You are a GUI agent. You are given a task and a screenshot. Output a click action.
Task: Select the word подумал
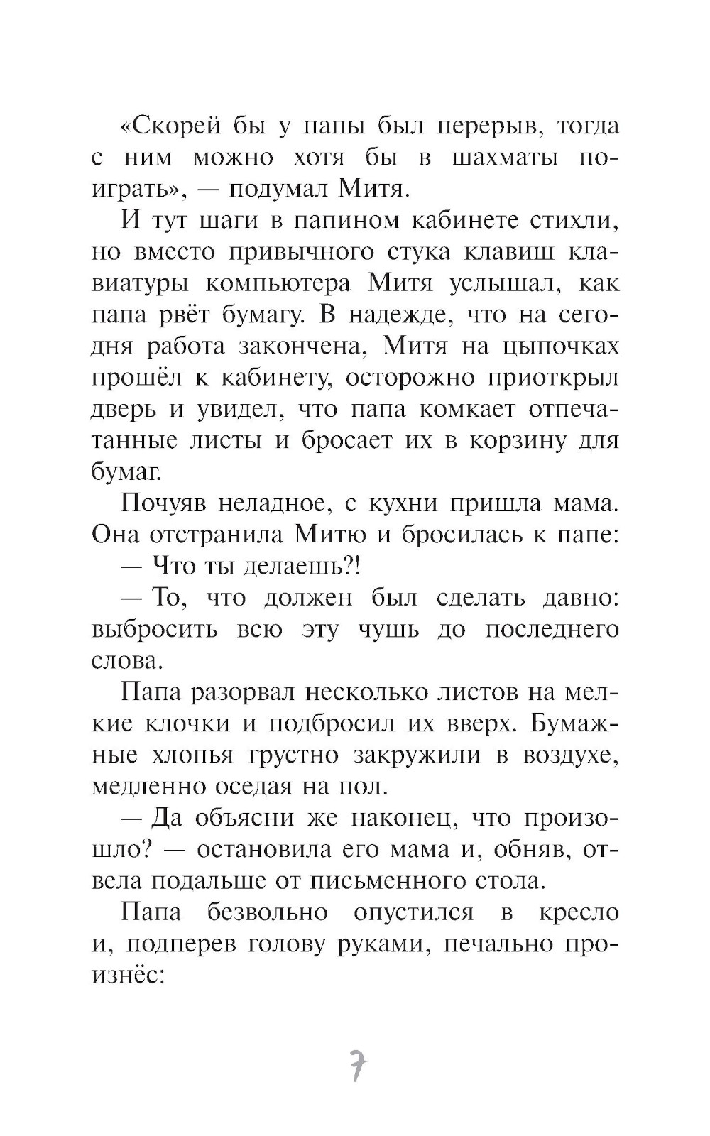click(x=271, y=190)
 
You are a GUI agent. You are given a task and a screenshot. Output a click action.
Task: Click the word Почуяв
click(x=164, y=503)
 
